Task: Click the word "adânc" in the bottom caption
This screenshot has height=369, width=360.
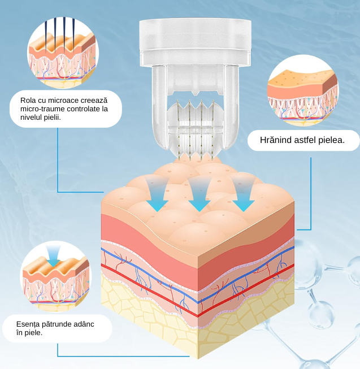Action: pos(83,324)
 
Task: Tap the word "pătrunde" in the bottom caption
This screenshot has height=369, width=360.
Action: pos(56,324)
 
